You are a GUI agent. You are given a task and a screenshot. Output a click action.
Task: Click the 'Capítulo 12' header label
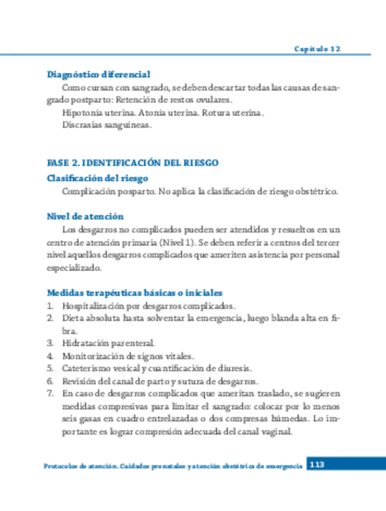(x=317, y=48)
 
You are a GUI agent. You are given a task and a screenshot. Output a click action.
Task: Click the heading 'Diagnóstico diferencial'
(x=99, y=75)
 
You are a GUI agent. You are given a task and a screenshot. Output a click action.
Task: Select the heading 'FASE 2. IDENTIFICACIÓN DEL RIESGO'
(x=132, y=163)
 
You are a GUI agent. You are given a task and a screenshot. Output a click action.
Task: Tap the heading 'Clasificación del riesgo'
(x=98, y=178)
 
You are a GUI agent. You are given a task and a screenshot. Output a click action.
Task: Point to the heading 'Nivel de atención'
(x=85, y=216)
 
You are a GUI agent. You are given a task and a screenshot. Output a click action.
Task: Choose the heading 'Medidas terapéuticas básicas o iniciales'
(x=129, y=292)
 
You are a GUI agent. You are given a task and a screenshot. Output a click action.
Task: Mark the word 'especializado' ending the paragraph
(x=75, y=268)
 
